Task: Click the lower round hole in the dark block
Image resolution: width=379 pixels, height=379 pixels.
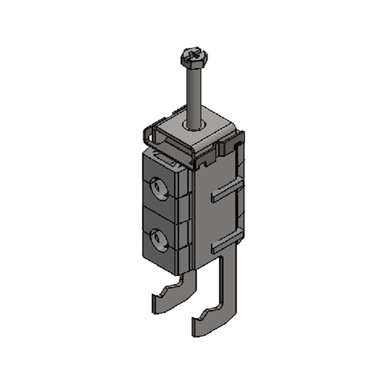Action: [157, 238]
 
